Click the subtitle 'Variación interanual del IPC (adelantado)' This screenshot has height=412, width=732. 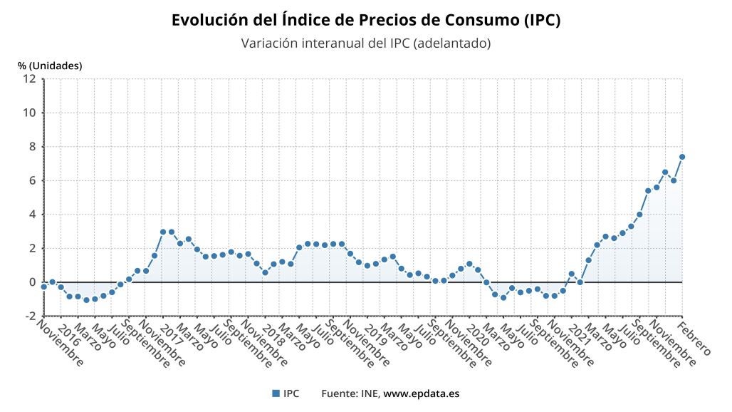[366, 43]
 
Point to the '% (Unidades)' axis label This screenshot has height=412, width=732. [50, 66]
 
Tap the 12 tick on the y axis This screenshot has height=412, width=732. [30, 78]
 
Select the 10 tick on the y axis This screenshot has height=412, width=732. [30, 113]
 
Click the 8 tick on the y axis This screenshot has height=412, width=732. [33, 147]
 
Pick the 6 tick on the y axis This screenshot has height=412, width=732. [33, 180]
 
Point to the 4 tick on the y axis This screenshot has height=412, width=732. [33, 215]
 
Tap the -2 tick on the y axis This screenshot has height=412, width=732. [31, 316]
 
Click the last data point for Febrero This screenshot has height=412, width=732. [682, 157]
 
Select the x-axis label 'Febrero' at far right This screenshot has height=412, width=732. [695, 338]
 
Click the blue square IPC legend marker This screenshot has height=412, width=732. [275, 393]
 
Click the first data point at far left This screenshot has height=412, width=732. [43, 287]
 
